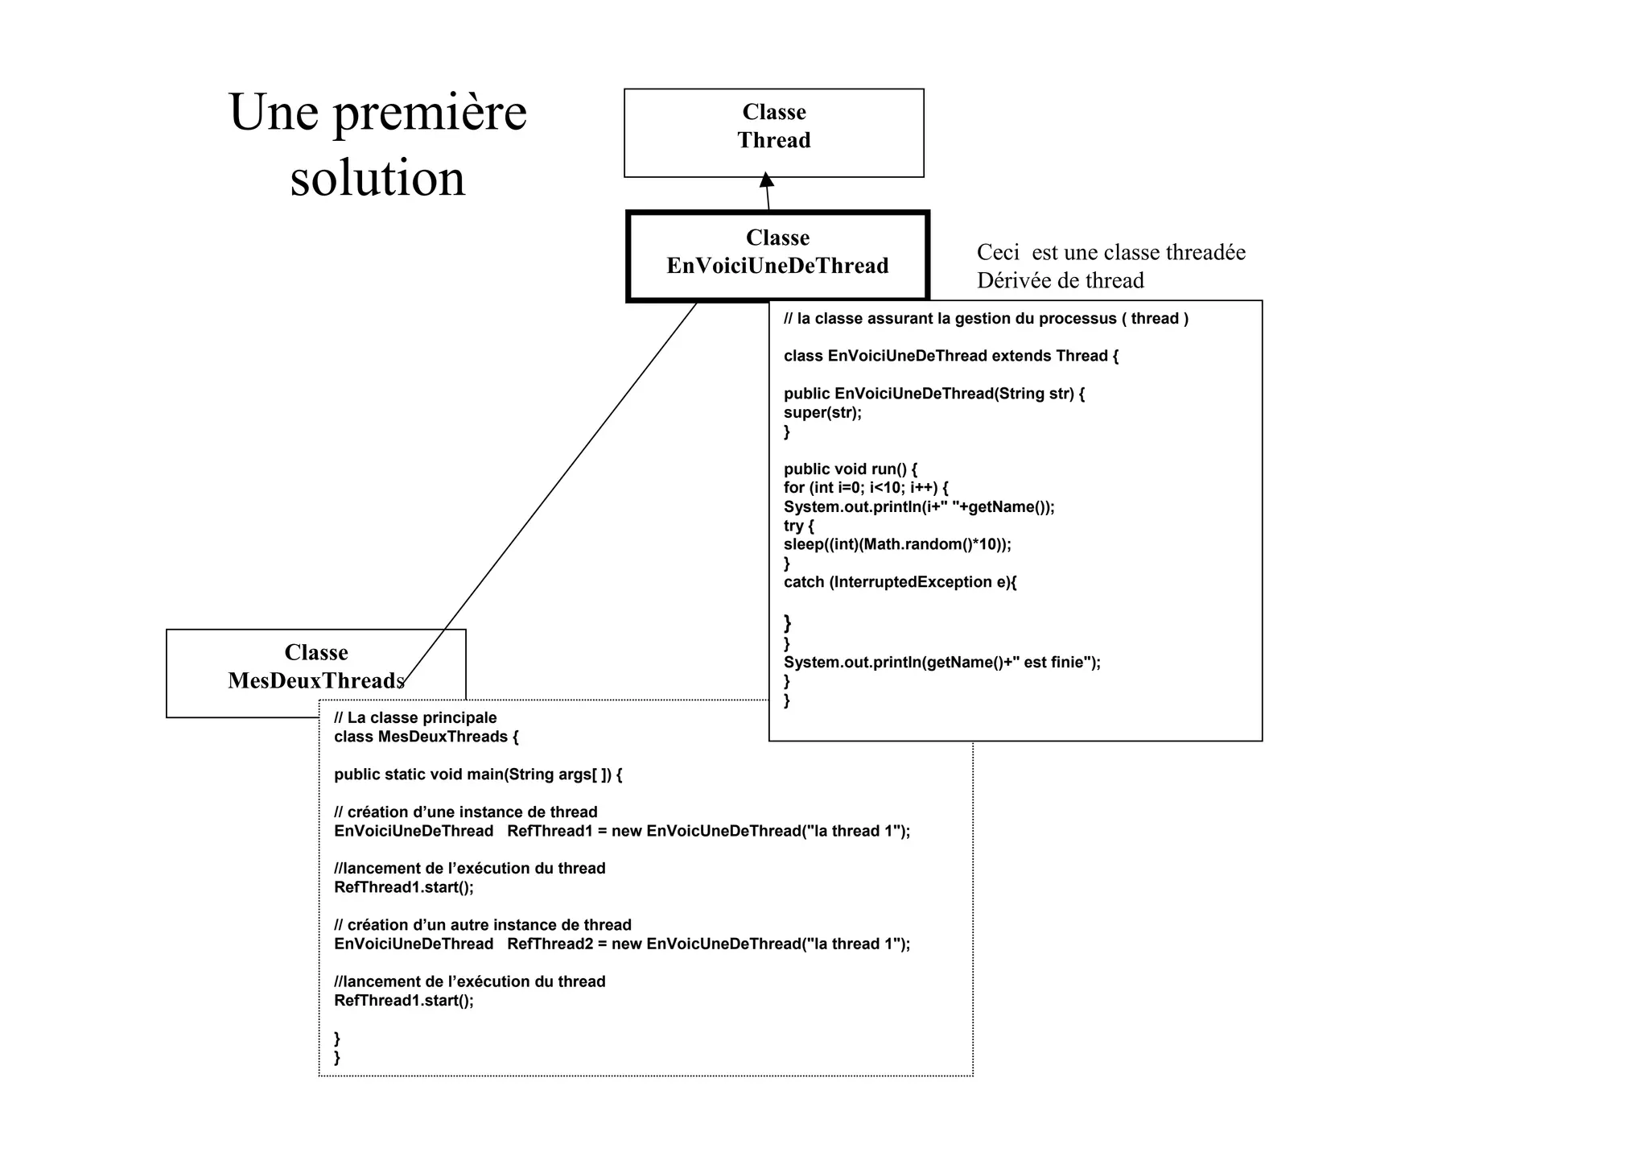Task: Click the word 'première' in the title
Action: pos(430,113)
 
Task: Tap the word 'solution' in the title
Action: pos(377,178)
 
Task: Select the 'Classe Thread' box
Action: pos(773,133)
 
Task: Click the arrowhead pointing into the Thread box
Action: pos(767,180)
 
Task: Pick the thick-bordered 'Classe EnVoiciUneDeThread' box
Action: pos(777,256)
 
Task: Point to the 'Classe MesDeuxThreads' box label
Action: pos(315,667)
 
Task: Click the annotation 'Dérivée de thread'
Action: pos(1060,281)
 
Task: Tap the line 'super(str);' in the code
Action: pos(822,413)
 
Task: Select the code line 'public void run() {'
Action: pos(850,469)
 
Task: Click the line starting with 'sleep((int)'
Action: pos(897,544)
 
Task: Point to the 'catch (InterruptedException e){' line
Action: pos(900,582)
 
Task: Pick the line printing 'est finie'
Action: pos(941,663)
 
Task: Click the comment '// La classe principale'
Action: pos(415,718)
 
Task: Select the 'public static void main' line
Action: pos(478,775)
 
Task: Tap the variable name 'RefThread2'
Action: pos(550,944)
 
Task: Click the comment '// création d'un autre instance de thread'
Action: pos(482,925)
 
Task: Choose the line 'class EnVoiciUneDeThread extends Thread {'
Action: pos(950,356)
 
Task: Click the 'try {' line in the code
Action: pos(799,526)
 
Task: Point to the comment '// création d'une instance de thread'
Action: pos(465,812)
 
